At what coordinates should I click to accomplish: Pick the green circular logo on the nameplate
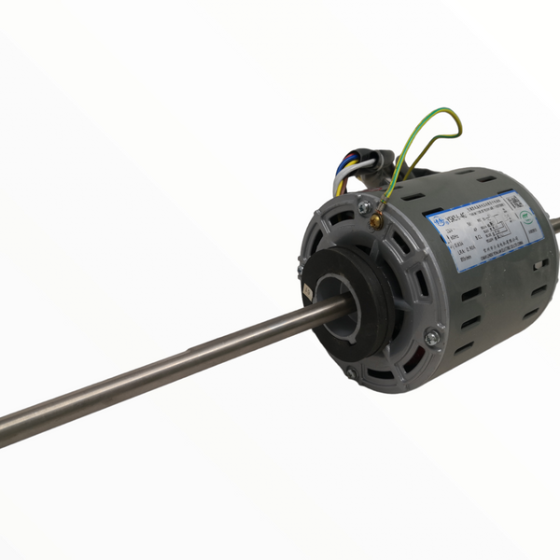coord(527,215)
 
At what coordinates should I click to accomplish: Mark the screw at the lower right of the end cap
coord(430,337)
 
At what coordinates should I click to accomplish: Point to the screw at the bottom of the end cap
coord(350,373)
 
